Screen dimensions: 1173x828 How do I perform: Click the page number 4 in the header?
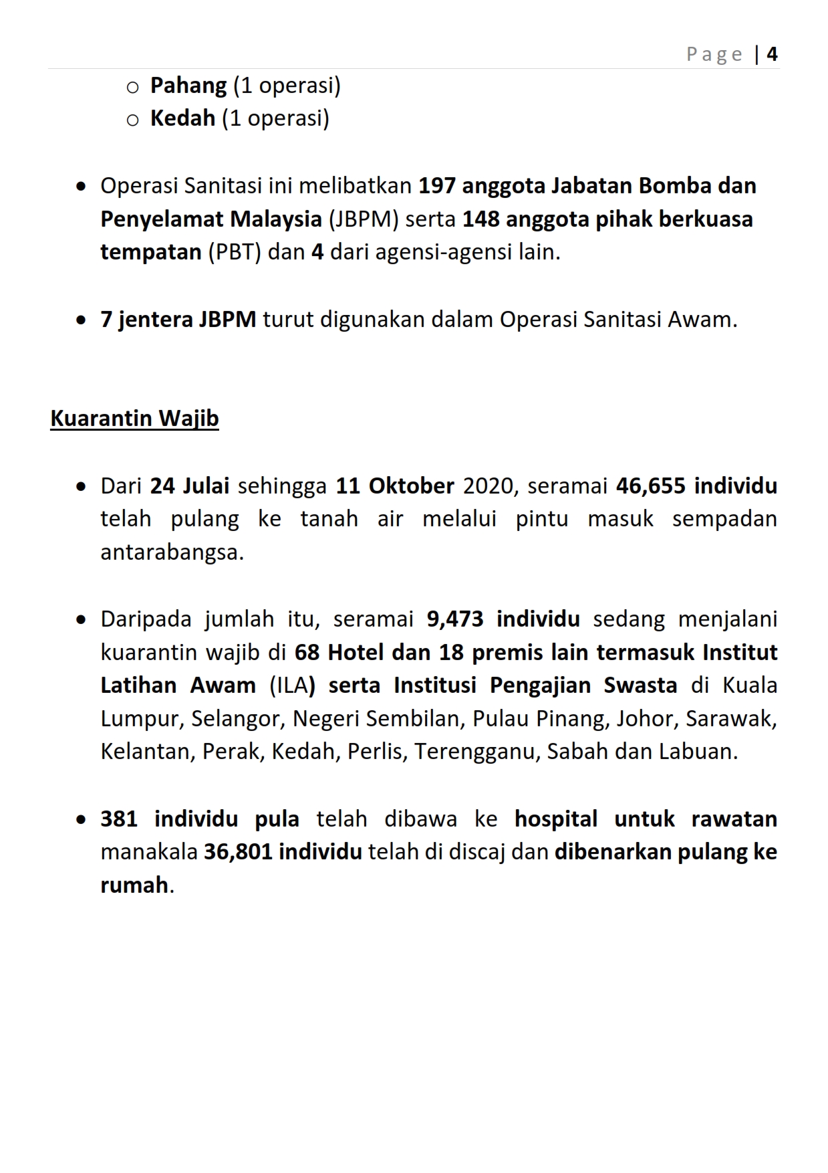(772, 54)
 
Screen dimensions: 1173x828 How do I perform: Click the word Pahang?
(188, 86)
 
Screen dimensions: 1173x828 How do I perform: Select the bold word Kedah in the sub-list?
(182, 118)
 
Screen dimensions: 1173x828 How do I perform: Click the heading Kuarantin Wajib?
(134, 419)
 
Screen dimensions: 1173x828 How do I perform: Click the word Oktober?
(411, 486)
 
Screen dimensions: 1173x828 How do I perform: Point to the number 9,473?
(454, 619)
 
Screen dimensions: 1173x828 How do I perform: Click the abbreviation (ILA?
(289, 685)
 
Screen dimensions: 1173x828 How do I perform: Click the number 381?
(119, 819)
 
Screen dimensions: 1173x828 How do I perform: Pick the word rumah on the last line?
(134, 885)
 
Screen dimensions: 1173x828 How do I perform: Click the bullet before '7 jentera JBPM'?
(81, 320)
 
